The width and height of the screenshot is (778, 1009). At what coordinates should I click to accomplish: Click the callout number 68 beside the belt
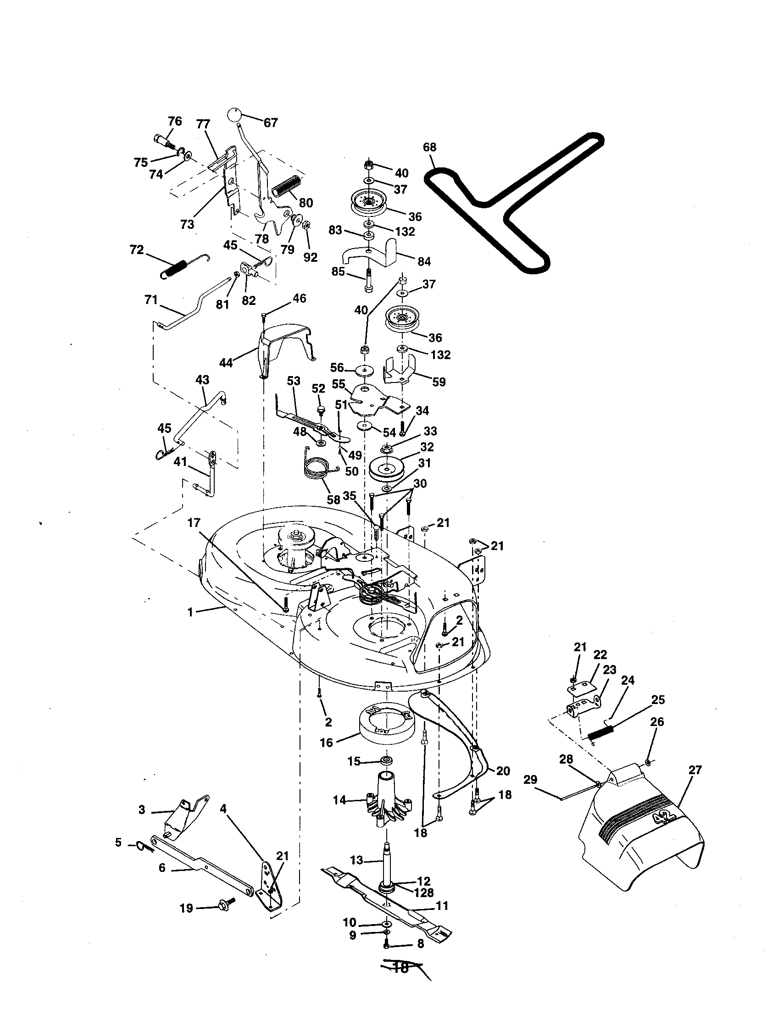pyautogui.click(x=429, y=147)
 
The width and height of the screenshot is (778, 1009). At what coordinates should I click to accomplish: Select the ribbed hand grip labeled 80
pyautogui.click(x=286, y=187)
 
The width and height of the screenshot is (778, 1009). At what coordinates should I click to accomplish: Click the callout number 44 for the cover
pyautogui.click(x=226, y=363)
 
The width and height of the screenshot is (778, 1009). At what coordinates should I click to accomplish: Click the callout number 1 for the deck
pyautogui.click(x=190, y=613)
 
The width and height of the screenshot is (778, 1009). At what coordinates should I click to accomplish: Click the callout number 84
pyautogui.click(x=424, y=261)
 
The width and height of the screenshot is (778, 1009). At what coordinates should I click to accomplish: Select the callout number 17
pyautogui.click(x=194, y=523)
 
